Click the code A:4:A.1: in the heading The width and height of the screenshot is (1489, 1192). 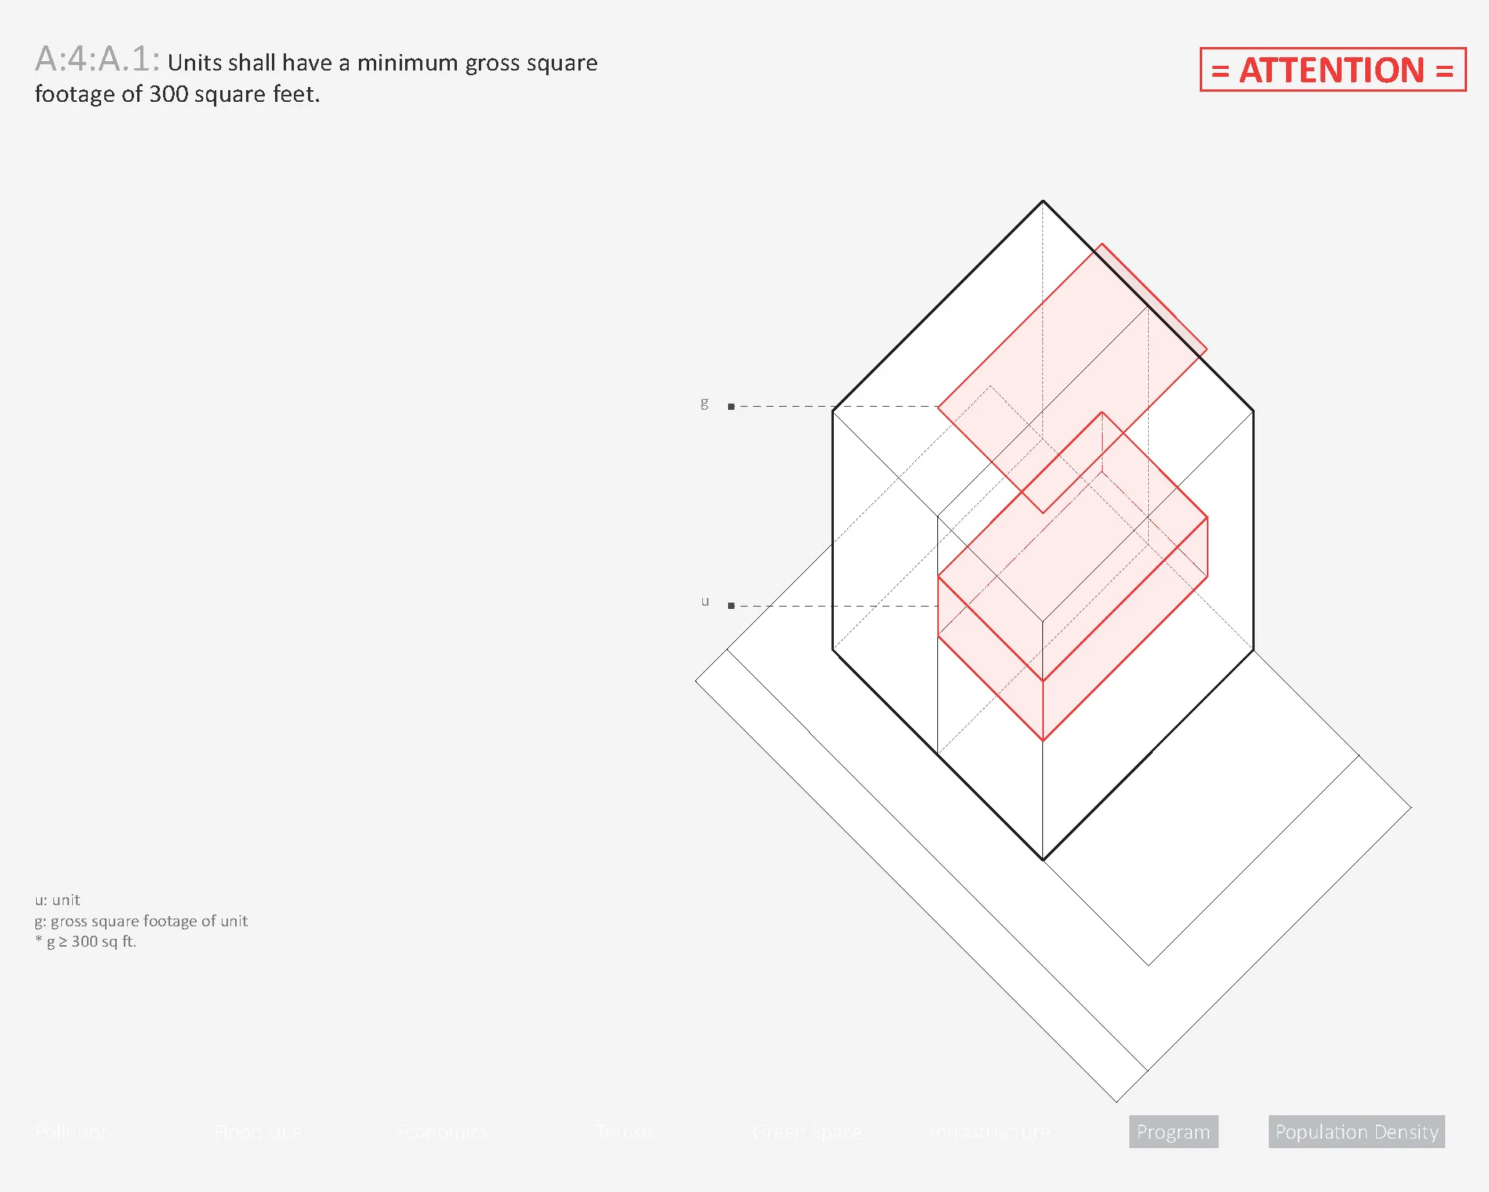pyautogui.click(x=97, y=60)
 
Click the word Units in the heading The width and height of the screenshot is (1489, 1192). pyautogui.click(x=191, y=63)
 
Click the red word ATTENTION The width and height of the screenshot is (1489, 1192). pyautogui.click(x=1331, y=71)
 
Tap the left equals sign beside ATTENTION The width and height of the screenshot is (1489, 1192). pyautogui.click(x=1219, y=71)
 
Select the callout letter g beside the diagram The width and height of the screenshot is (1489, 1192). pyautogui.click(x=705, y=403)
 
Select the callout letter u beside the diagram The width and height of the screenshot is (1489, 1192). pyautogui.click(x=705, y=602)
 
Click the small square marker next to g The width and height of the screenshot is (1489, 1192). pyautogui.click(x=731, y=407)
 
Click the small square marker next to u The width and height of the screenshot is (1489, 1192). pyautogui.click(x=731, y=606)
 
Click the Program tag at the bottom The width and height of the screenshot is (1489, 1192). pyautogui.click(x=1173, y=1132)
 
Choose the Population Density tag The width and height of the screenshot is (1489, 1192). pyautogui.click(x=1357, y=1132)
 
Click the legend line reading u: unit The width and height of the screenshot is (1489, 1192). pyautogui.click(x=57, y=900)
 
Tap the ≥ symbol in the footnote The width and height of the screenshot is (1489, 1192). pyautogui.click(x=63, y=942)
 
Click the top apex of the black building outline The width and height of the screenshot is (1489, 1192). pyautogui.click(x=1043, y=201)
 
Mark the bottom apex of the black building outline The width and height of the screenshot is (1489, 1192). pyautogui.click(x=1043, y=860)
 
